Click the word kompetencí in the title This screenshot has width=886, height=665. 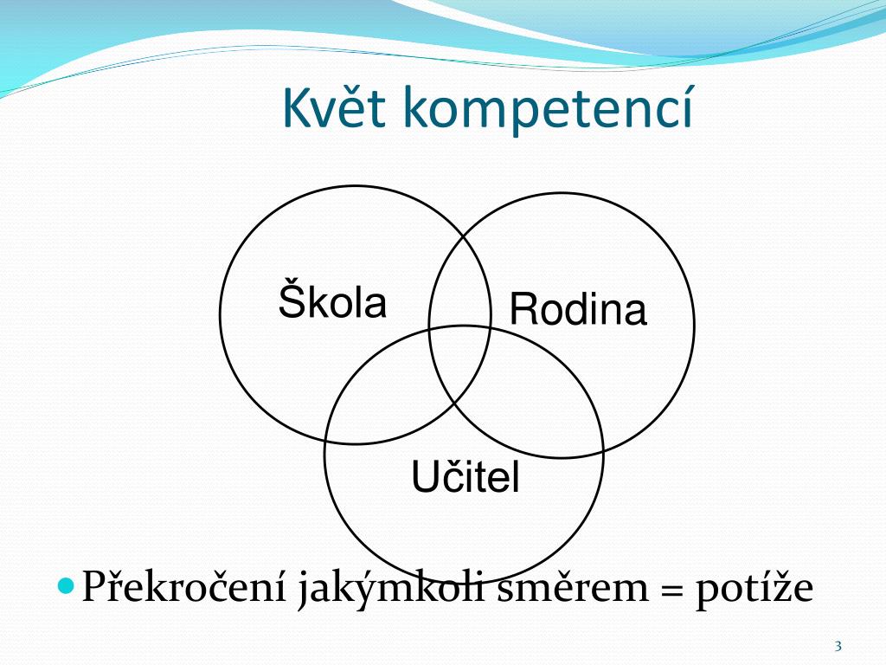point(548,109)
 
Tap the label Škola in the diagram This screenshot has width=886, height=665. point(332,298)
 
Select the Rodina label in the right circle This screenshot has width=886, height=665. point(578,308)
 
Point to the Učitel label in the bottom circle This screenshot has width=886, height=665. point(465,476)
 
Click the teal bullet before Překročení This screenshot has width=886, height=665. point(66,584)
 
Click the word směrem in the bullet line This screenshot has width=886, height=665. point(573,587)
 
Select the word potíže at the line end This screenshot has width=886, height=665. point(754,589)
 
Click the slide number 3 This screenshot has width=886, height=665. point(838,646)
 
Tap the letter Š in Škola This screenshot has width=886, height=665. point(292,298)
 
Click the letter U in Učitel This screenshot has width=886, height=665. point(425,476)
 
